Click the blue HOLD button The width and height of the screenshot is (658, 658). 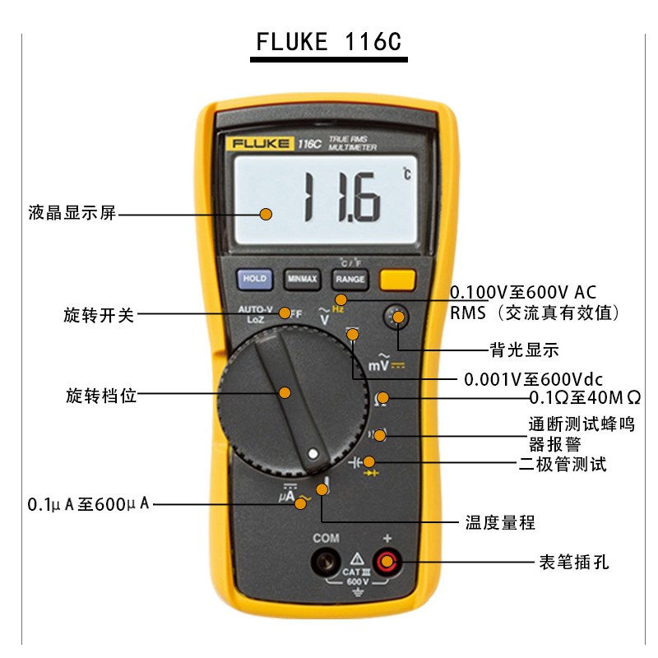(x=254, y=279)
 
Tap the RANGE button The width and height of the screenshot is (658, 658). (x=350, y=280)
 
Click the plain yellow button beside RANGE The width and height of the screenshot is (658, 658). (x=397, y=279)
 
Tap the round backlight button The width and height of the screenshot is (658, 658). (x=399, y=315)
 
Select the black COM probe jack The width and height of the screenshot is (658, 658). (x=327, y=563)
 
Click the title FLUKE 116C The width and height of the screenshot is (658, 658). (x=329, y=41)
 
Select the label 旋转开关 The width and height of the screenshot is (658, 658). (x=98, y=313)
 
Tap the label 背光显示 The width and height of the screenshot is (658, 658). (x=524, y=350)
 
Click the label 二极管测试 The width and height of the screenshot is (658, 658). (x=563, y=465)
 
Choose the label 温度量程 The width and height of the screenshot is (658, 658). (x=500, y=522)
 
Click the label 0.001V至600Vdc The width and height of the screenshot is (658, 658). (x=534, y=379)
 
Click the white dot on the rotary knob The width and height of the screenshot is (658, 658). (x=313, y=453)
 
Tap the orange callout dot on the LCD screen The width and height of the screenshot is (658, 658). (x=266, y=214)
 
